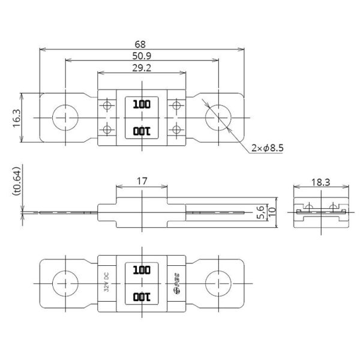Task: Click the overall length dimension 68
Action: [142, 44]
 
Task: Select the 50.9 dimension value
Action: [142, 56]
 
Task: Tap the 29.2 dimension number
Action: [142, 68]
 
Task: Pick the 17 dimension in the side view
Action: [142, 180]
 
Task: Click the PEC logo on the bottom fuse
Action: [176, 283]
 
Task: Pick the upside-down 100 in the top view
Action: [142, 131]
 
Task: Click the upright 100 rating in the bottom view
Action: [142, 270]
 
